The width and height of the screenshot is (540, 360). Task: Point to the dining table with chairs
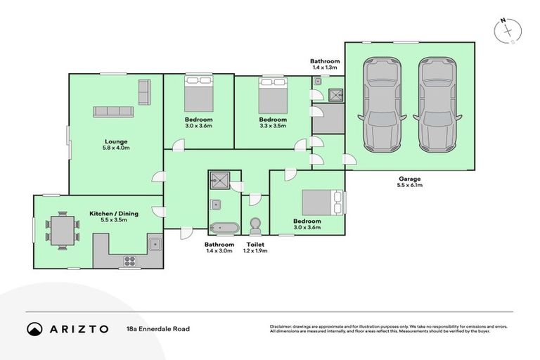[x=62, y=230]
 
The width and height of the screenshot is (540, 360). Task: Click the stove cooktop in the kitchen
[x=130, y=261]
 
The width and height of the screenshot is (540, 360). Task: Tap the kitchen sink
[x=155, y=245]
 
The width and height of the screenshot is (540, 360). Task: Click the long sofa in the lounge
[x=113, y=112]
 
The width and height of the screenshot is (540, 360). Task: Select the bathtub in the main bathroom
[x=224, y=227]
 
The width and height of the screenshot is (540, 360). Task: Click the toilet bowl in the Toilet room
[x=255, y=225]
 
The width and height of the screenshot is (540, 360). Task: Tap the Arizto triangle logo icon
[x=34, y=328]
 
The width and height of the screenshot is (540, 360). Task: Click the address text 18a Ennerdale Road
[x=158, y=328]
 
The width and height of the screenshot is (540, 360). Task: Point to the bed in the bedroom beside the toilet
[x=320, y=202]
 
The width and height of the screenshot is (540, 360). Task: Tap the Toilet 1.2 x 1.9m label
[x=255, y=247]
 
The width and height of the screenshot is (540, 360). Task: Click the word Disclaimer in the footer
[x=282, y=327]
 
